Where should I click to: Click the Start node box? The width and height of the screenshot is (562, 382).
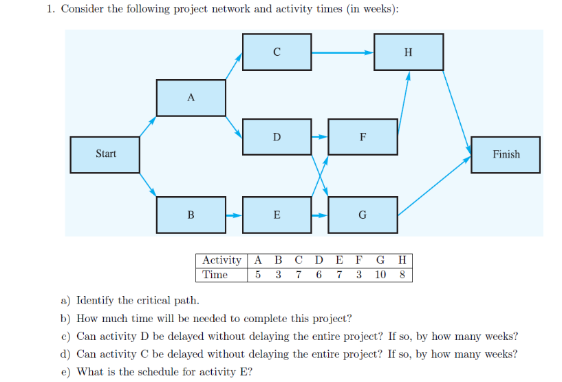(105, 154)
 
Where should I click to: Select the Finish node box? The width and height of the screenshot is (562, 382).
(506, 154)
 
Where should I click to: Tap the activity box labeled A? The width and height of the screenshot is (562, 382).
(191, 98)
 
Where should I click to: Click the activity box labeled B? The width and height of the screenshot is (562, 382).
(191, 215)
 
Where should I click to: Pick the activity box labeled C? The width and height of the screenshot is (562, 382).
(277, 52)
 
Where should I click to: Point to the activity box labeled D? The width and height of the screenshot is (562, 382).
(277, 137)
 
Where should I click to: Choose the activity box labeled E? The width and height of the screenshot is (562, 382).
(277, 215)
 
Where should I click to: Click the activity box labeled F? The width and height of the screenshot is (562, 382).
(363, 137)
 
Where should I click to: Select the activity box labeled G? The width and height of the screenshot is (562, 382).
(363, 215)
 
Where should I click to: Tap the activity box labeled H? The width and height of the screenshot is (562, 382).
(409, 52)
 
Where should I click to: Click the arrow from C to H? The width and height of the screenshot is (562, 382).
(342, 52)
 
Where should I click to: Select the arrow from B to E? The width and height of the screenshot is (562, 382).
(234, 215)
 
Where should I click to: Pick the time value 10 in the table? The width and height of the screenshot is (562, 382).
(380, 275)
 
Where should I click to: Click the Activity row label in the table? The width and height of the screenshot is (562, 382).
(221, 260)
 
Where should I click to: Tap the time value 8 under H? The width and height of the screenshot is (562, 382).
(402, 275)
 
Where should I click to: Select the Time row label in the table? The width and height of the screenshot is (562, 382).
(215, 275)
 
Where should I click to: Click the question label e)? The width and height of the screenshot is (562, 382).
(66, 372)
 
